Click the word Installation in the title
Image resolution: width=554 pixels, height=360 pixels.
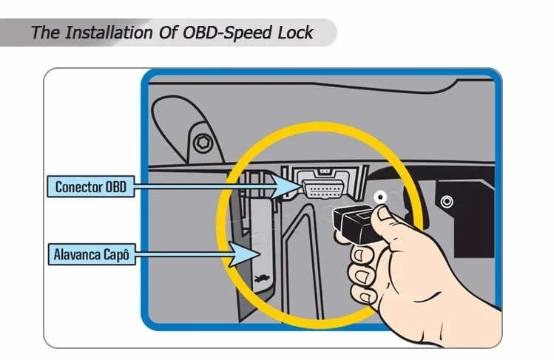tap(109, 33)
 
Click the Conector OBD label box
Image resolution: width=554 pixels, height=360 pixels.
tap(90, 186)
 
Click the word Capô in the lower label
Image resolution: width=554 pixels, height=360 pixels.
tap(118, 255)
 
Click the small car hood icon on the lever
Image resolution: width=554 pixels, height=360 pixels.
tap(258, 279)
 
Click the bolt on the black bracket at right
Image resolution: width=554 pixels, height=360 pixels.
tap(446, 200)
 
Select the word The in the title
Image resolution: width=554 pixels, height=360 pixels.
tap(45, 33)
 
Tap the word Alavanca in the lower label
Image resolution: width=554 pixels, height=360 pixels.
tap(79, 255)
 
